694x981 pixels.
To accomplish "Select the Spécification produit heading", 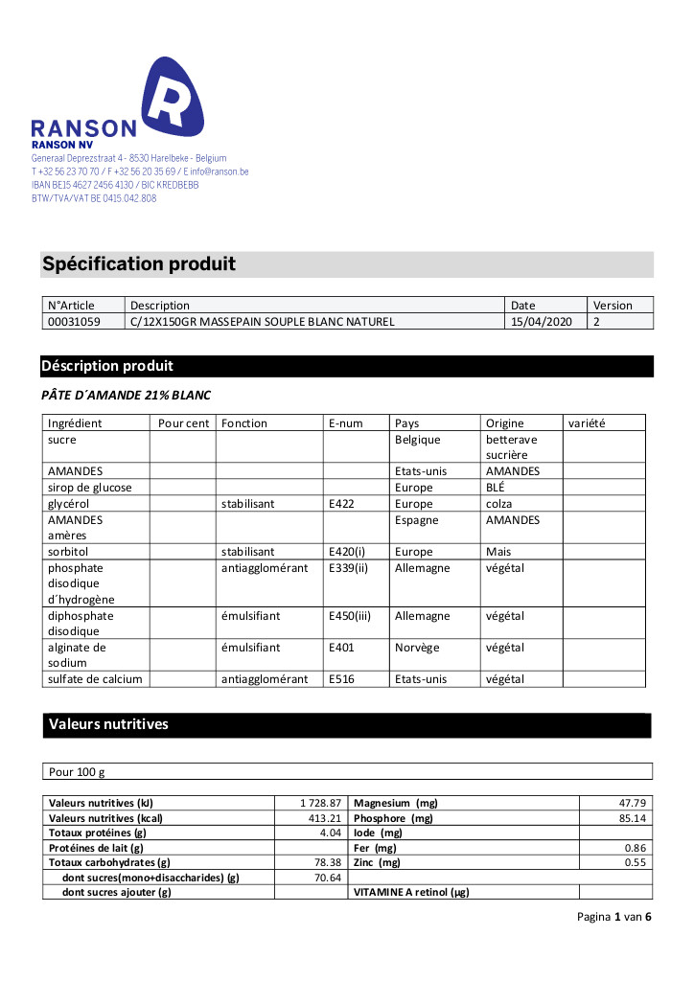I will [139, 263].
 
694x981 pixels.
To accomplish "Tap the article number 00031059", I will [74, 322].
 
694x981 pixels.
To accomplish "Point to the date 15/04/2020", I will [541, 322].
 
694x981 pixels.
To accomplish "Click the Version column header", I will [613, 306].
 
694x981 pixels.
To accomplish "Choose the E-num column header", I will [347, 422].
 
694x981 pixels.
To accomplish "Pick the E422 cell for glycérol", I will [341, 503].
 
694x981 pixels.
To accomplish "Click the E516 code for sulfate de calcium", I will [341, 679].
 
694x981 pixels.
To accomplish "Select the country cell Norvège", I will [417, 648].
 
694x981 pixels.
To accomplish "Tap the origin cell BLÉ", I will [496, 488].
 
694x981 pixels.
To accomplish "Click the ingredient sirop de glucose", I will [90, 488].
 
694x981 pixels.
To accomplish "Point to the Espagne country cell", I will [417, 520].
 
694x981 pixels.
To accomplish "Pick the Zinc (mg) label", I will [378, 862].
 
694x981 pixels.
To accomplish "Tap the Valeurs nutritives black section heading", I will [108, 724].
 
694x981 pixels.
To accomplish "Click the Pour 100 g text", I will [77, 771].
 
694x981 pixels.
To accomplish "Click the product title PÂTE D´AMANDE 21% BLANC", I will [126, 395].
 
